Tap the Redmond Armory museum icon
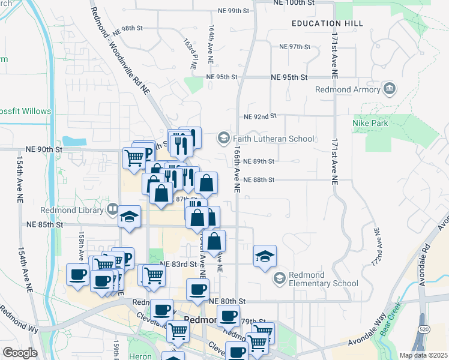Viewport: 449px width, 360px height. click(x=390, y=89)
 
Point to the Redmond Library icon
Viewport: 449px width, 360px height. click(x=112, y=209)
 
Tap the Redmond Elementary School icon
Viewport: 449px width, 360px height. click(x=279, y=278)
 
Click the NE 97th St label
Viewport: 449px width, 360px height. click(x=294, y=47)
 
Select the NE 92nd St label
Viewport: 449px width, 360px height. click(x=260, y=116)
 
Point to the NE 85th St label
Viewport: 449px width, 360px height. click(x=45, y=225)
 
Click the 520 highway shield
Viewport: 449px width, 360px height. click(x=424, y=329)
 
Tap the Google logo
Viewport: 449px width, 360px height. click(x=20, y=352)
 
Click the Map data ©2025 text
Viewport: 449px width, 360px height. click(x=423, y=355)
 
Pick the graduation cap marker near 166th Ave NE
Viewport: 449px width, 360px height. click(x=265, y=256)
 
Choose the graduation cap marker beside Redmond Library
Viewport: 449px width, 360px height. click(x=129, y=218)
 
